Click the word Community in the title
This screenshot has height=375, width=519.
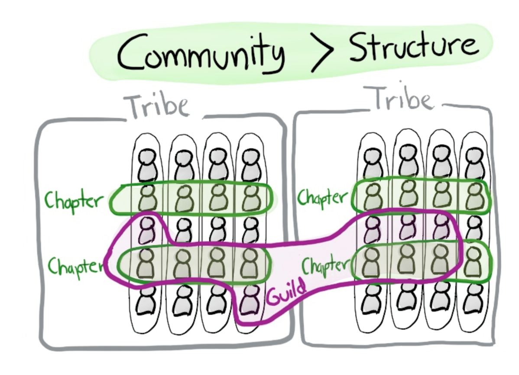201,53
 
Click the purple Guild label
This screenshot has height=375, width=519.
286,292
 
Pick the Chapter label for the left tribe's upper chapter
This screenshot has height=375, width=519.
74,200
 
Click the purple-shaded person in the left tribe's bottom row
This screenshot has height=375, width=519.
250,299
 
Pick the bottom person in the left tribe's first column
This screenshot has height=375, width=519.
146,300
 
